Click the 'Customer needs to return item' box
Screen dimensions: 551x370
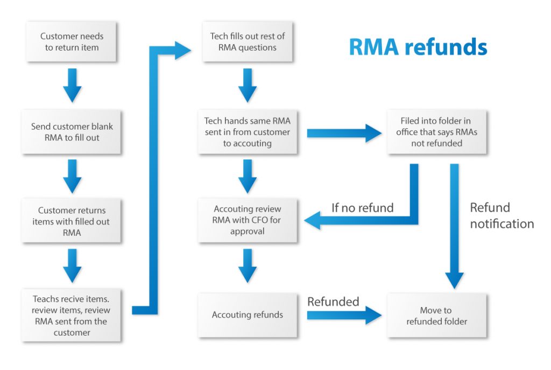[72, 41]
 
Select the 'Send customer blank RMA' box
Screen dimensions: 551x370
[72, 132]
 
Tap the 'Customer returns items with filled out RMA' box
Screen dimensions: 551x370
[72, 221]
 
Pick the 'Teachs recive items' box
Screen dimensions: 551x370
[72, 315]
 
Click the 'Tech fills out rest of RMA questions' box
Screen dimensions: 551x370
[248, 41]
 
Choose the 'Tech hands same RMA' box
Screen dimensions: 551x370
[248, 132]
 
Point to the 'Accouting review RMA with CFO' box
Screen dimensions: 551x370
[248, 220]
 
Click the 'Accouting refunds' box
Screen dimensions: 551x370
[248, 315]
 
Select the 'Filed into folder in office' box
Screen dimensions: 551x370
[437, 132]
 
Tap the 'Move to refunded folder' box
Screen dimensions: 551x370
[437, 315]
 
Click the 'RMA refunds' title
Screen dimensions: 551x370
[418, 47]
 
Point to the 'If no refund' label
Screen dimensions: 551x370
[362, 208]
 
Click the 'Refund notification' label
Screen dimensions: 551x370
[502, 215]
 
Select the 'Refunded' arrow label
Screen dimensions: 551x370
[333, 302]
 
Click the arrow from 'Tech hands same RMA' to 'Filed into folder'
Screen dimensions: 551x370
[344, 133]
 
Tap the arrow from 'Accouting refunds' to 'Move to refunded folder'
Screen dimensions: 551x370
[344, 315]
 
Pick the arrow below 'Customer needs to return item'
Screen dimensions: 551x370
[72, 86]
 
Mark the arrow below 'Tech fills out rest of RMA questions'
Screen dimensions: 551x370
[248, 86]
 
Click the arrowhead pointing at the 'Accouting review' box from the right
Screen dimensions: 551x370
[312, 220]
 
